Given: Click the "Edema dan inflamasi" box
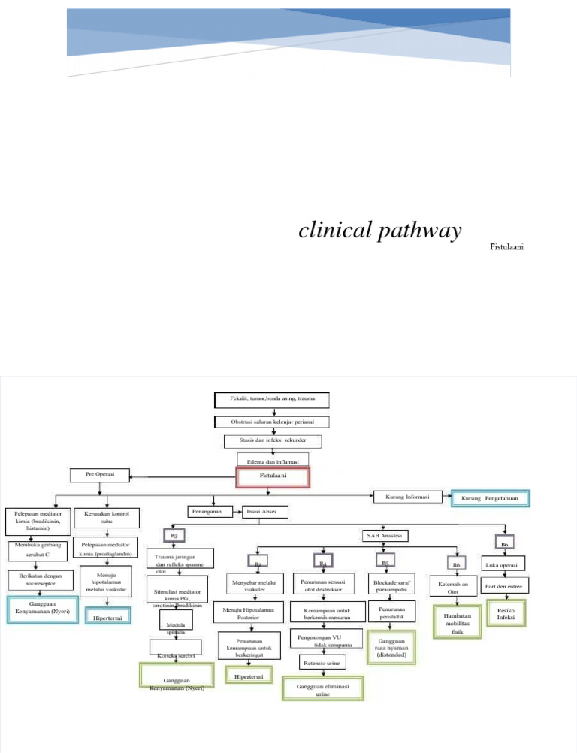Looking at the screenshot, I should [273, 458].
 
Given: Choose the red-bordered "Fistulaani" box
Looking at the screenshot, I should [273, 476].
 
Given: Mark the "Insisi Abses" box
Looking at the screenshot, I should [261, 512].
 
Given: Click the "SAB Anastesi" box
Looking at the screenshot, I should [383, 535].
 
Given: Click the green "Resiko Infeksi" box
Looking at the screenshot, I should [505, 612].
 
